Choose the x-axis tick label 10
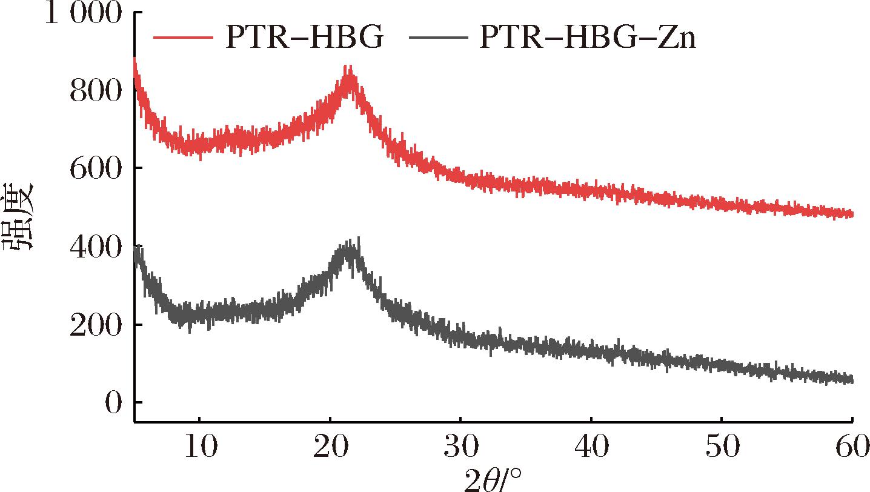[x=199, y=448]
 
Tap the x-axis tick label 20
[x=330, y=448]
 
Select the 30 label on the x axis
[x=460, y=448]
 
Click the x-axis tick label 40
[x=591, y=448]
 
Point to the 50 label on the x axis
[x=722, y=448]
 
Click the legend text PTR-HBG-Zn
[x=588, y=39]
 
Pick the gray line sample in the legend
[x=439, y=38]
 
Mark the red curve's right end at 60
[x=851, y=213]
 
